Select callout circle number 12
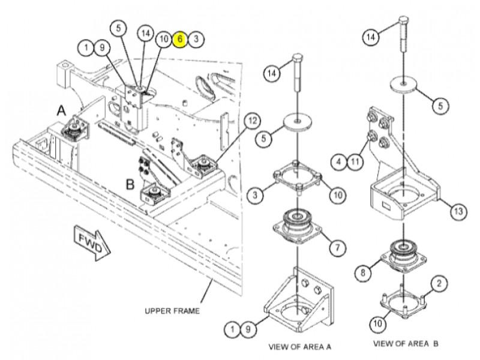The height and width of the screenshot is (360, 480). (253, 121)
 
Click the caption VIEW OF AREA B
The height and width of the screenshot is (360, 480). (406, 344)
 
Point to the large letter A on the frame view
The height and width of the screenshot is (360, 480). (61, 110)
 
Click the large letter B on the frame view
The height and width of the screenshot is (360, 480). (130, 184)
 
